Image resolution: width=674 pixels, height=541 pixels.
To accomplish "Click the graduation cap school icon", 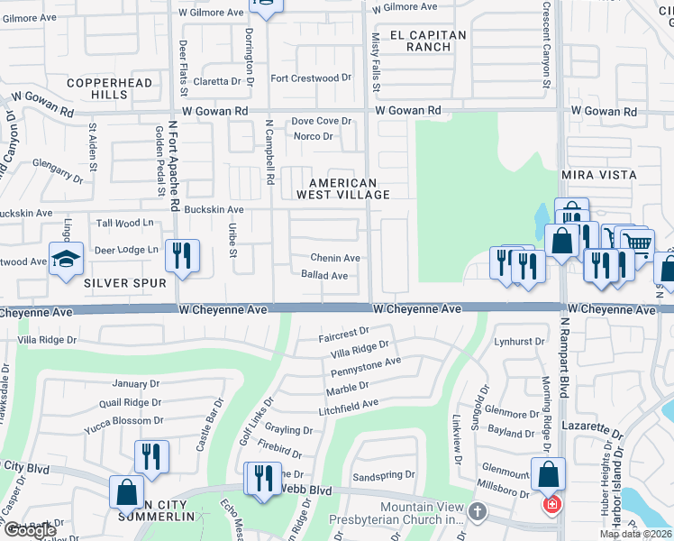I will click(67, 260).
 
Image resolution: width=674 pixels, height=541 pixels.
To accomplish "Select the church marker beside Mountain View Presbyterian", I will click(478, 511).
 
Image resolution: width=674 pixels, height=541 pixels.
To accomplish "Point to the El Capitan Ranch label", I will click(428, 41).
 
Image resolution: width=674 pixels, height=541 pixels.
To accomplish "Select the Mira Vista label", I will click(599, 174).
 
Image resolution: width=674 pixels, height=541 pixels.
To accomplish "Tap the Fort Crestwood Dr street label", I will click(311, 78).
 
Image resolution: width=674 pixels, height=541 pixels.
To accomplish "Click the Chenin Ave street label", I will click(335, 259).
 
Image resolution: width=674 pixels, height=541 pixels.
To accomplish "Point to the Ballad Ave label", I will click(324, 275).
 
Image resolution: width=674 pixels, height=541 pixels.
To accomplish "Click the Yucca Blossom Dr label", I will click(120, 420).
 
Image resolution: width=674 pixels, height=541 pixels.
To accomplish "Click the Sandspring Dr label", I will click(384, 474).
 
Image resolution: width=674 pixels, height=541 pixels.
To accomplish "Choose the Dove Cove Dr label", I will click(321, 121).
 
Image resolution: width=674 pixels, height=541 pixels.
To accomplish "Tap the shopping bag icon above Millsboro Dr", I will click(548, 474).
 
